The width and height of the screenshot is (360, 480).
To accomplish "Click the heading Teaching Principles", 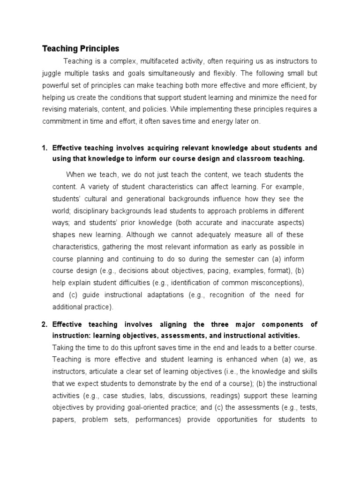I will pyautogui.click(x=81, y=49).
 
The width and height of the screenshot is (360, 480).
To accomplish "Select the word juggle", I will pyautogui.click(x=52, y=73).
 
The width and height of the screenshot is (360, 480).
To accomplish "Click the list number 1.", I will pyautogui.click(x=45, y=148).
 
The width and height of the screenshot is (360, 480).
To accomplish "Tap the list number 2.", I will pyautogui.click(x=45, y=324).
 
